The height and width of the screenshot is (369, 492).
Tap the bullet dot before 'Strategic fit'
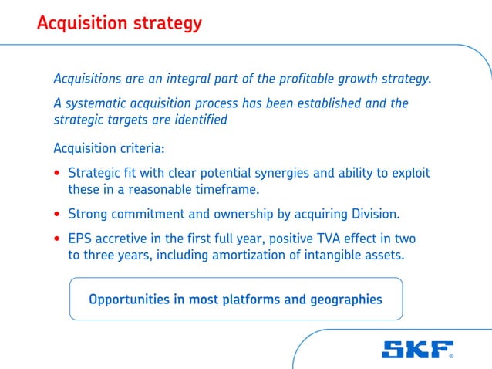58,174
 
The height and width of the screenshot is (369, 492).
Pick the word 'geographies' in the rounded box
345,300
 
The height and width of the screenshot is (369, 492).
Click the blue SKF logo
414,350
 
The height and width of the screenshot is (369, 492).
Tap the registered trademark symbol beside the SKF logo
451,357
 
